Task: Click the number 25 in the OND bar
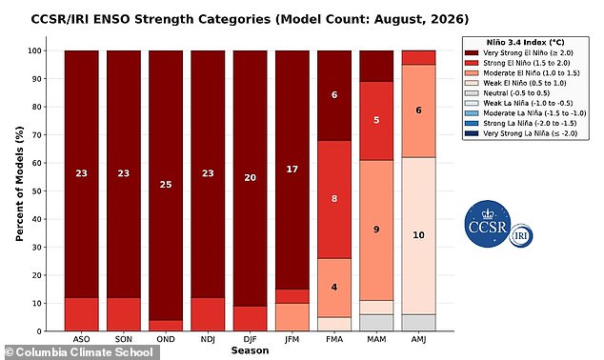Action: click(x=166, y=185)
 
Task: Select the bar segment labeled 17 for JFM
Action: click(x=292, y=170)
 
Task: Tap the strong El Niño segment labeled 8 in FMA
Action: click(x=334, y=199)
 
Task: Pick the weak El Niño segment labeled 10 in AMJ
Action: click(x=419, y=235)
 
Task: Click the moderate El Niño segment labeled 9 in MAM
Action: click(x=376, y=230)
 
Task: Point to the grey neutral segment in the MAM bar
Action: click(x=376, y=323)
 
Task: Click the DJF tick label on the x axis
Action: click(x=250, y=339)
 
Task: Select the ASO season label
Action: click(x=81, y=339)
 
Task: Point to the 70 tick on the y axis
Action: click(x=36, y=134)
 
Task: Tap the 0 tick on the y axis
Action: click(x=39, y=331)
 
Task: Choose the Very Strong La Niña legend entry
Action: click(x=521, y=133)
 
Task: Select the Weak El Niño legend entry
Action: click(x=515, y=83)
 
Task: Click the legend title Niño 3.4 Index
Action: click(x=526, y=42)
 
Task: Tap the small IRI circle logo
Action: click(x=521, y=235)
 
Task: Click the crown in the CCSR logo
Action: click(x=488, y=214)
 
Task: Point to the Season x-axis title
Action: click(x=250, y=350)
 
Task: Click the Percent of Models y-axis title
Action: click(x=19, y=184)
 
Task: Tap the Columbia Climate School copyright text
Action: click(x=79, y=352)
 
